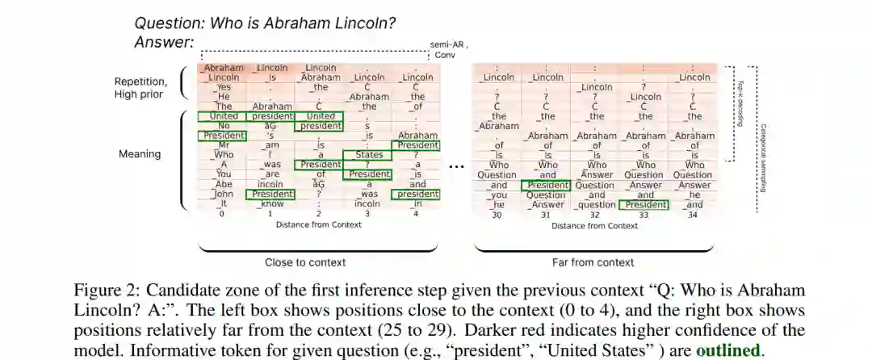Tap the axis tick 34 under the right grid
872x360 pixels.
tap(693, 215)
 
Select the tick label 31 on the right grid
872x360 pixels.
tap(547, 215)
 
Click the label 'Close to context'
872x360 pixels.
tap(305, 262)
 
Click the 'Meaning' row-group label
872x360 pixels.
tap(140, 153)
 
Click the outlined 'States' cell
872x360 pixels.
tap(367, 155)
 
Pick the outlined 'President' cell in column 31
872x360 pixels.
tap(547, 185)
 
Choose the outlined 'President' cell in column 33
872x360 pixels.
tap(644, 204)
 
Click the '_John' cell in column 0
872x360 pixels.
tap(223, 194)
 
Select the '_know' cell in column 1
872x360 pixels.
tap(271, 204)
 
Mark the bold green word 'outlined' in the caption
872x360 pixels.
tap(727, 351)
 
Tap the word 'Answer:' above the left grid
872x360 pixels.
tap(164, 42)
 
